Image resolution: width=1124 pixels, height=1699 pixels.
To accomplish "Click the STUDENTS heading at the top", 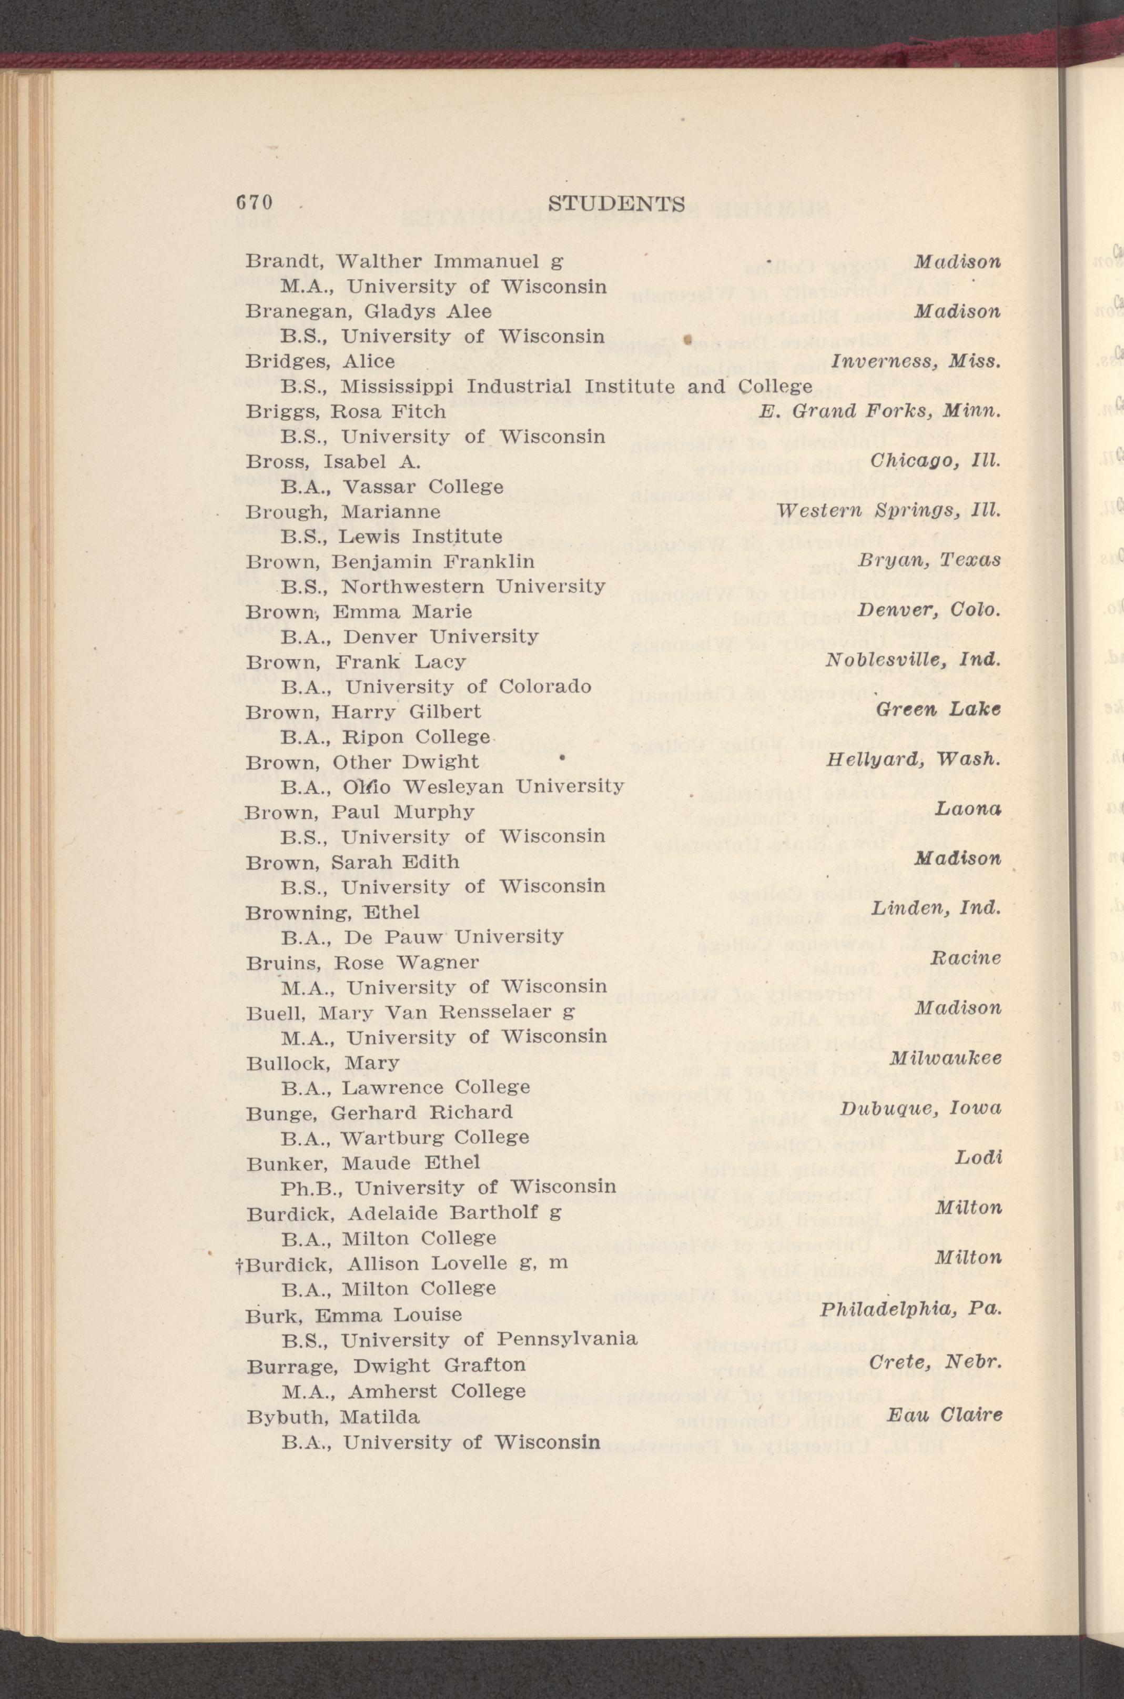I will (x=616, y=204).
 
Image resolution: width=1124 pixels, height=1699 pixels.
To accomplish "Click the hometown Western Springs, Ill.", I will (x=888, y=512).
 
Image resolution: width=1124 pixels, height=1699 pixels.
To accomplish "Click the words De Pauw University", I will (x=454, y=936).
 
